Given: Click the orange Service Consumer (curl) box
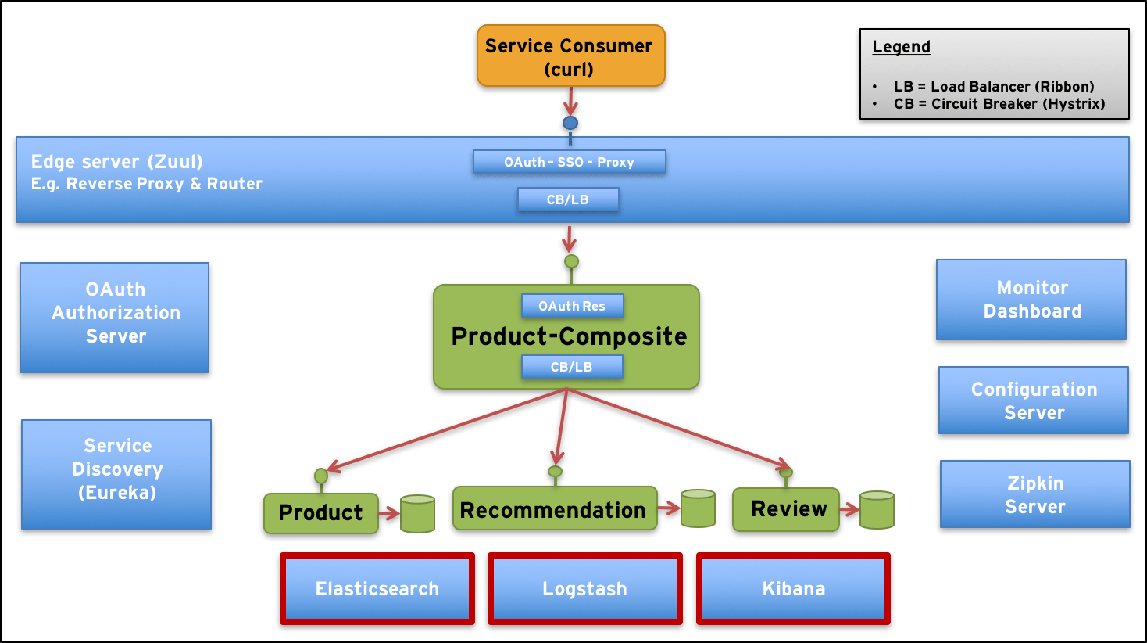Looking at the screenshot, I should coord(569,56).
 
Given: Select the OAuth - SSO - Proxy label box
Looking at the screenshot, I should coord(569,162).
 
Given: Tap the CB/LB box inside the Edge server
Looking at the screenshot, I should coord(568,199).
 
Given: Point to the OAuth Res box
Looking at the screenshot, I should coord(572,306).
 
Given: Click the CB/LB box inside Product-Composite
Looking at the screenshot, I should coord(571,367).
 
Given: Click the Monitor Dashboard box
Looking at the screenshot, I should coord(1031,300).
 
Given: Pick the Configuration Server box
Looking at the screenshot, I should coord(1034,401).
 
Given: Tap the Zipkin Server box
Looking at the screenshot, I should coord(1034,495).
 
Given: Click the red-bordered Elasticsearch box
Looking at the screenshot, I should coord(377,589).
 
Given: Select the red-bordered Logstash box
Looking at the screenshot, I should coord(584,589).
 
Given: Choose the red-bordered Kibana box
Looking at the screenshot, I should coord(793,589).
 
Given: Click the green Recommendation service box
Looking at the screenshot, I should coord(554,509).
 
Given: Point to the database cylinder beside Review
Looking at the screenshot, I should coord(877,510).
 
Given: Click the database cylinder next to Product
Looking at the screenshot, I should coord(417,514).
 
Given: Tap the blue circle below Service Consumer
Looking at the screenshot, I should coord(570,124).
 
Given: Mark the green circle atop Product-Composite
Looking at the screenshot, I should coord(571,261).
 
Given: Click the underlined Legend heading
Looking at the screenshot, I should coord(901,47).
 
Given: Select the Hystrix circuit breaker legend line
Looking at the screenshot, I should coord(999,104).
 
